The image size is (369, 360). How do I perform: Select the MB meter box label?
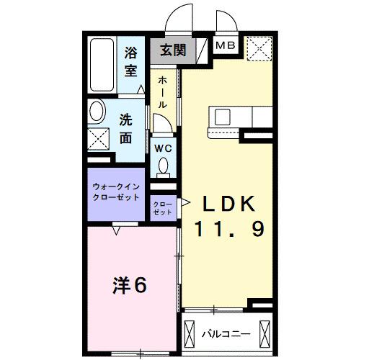pyautogui.click(x=226, y=45)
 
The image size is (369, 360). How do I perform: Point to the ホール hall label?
pyautogui.click(x=163, y=92)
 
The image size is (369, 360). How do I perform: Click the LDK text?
pyautogui.click(x=228, y=204)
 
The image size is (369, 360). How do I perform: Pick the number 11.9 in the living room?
pyautogui.click(x=229, y=230)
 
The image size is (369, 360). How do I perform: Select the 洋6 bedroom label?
pyautogui.click(x=130, y=286)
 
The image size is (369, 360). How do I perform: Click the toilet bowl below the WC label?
pyautogui.click(x=164, y=166)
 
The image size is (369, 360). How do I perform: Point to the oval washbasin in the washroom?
pyautogui.click(x=97, y=112)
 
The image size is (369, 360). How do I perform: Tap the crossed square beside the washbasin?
pyautogui.click(x=99, y=138)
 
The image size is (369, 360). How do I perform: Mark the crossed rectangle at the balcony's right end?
pyautogui.click(x=264, y=334)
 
